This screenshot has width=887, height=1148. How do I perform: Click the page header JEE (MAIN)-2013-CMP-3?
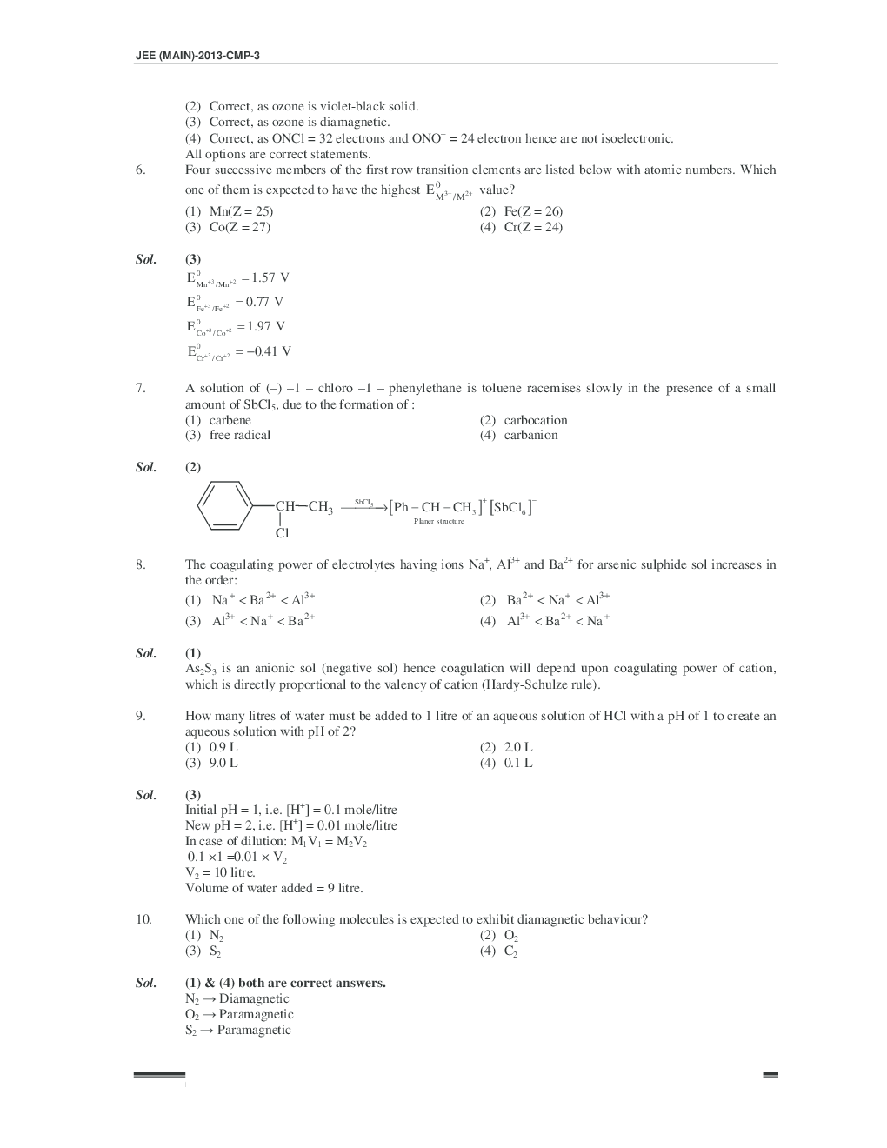pos(197,55)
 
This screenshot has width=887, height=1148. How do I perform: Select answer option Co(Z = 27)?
pos(239,227)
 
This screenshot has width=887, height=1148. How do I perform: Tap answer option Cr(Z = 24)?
pos(532,227)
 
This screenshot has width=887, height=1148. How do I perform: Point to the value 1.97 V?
pos(265,326)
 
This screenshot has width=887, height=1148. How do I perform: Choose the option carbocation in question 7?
pos(535,420)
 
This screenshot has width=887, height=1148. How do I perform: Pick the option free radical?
pos(239,435)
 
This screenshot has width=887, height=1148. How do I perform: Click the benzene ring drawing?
pos(224,504)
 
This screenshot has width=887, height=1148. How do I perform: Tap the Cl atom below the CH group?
pos(282,533)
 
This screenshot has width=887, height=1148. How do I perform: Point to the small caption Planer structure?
pos(438,521)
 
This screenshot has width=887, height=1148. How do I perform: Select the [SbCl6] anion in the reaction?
pos(512,507)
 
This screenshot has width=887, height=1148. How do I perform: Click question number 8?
pos(141,564)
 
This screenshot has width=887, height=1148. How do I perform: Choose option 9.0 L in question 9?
pos(223,763)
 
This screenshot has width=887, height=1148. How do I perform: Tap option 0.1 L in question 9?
pos(517,763)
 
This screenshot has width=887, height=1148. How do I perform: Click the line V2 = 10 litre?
pos(220,872)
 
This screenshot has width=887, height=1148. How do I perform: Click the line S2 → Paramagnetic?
pos(237,1030)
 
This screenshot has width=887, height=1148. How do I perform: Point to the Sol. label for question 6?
pos(146,259)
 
